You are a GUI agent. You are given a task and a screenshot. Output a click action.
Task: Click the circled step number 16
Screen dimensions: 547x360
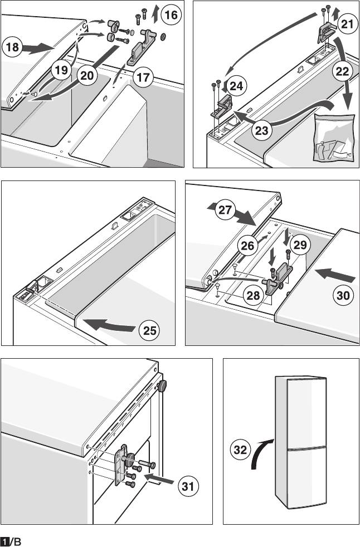(x=171, y=15)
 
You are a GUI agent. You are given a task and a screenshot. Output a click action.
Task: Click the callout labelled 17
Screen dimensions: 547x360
(x=144, y=77)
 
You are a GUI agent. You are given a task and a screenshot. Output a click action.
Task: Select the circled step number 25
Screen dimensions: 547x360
(x=148, y=330)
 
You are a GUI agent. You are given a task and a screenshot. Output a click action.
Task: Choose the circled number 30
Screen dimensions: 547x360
(x=343, y=296)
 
